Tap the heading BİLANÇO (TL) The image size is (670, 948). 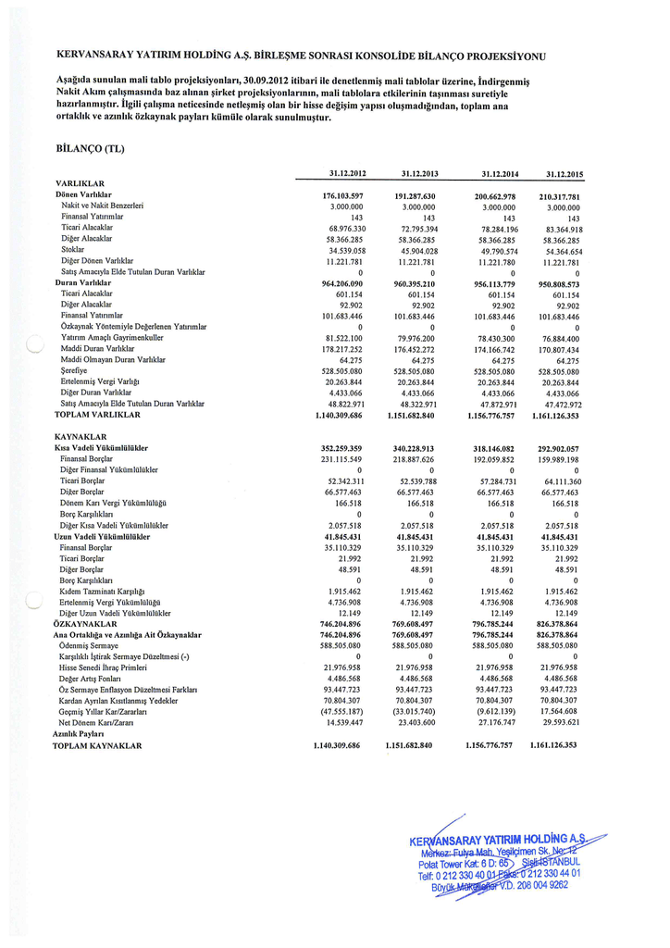(90, 148)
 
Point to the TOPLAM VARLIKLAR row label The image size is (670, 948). (97, 415)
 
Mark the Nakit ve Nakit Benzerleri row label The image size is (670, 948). (102, 206)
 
